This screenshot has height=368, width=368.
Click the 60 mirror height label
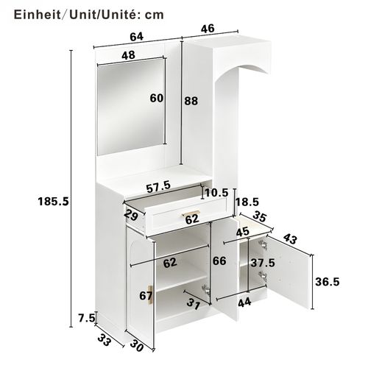point(157,99)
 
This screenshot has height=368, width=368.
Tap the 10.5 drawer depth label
point(216,194)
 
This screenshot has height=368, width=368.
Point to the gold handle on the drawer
point(180,215)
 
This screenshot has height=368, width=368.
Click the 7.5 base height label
point(86,318)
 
